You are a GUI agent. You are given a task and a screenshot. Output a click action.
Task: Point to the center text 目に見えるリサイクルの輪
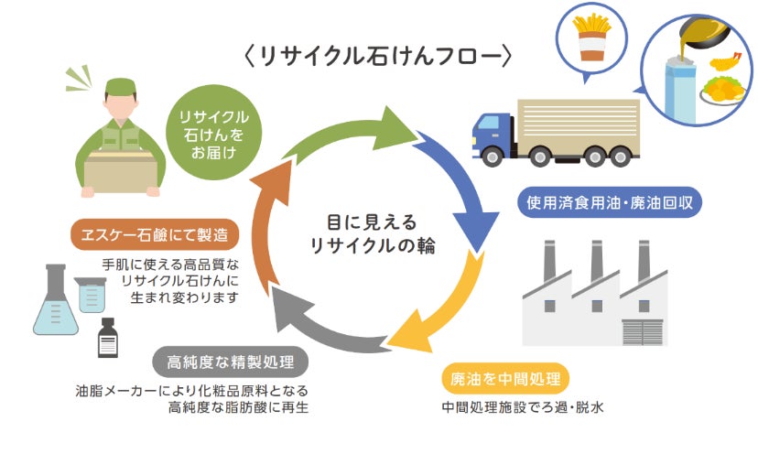click(371, 233)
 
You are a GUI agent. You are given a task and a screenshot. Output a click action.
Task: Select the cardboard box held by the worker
click(116, 173)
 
